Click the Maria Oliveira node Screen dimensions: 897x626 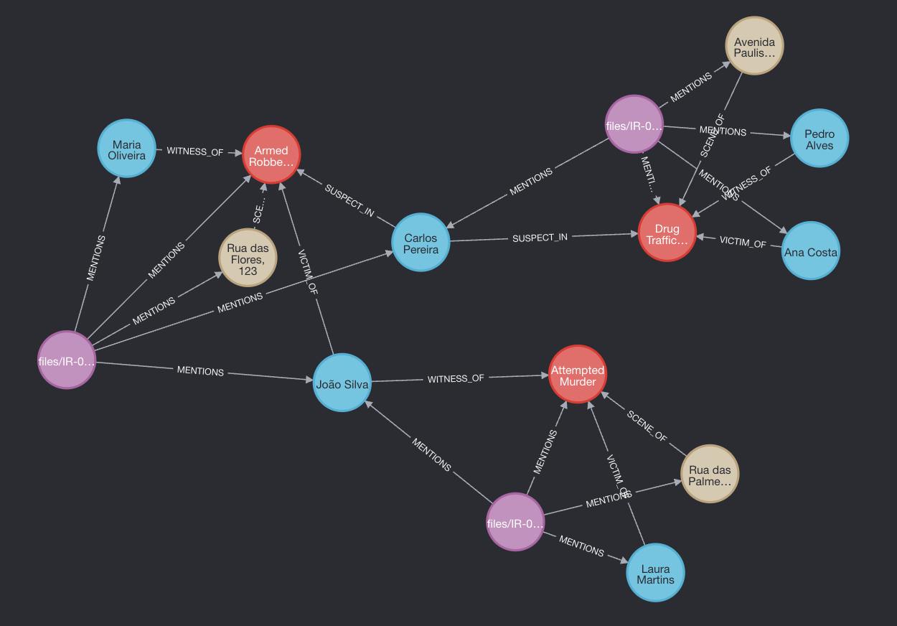[x=126, y=149]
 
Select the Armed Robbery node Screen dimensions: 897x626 [x=271, y=155]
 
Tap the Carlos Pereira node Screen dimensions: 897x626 [x=421, y=243]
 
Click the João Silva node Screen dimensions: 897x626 [x=342, y=383]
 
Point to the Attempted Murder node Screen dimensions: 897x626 [x=578, y=375]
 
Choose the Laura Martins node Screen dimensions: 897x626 [x=655, y=573]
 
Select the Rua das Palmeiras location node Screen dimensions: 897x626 [x=709, y=475]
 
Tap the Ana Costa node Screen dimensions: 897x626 [x=810, y=251]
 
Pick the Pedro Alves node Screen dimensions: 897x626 [x=819, y=139]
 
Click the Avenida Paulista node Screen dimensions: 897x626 [x=754, y=46]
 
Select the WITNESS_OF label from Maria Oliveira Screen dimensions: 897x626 [x=195, y=151]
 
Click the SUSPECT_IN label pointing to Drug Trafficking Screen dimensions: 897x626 [x=540, y=237]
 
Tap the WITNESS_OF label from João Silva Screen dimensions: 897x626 [x=456, y=378]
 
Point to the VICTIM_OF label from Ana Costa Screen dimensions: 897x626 [x=743, y=243]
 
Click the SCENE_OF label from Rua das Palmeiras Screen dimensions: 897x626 [x=647, y=426]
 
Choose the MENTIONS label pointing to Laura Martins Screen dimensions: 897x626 [x=581, y=546]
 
